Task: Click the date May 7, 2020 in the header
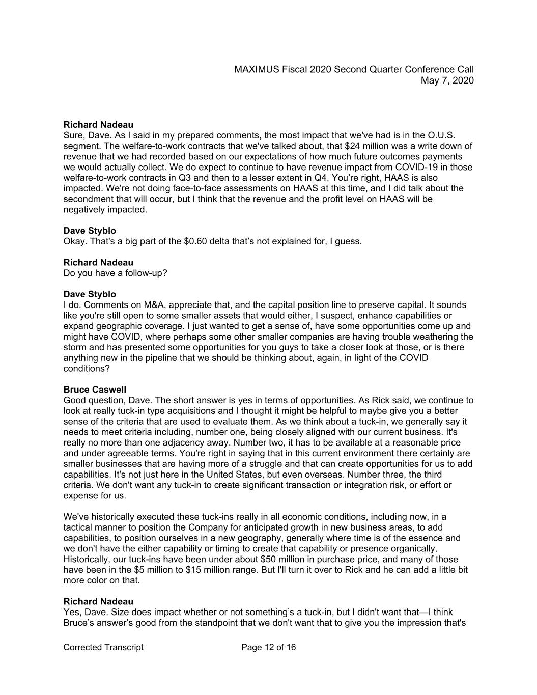447,80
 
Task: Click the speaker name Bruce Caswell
95,390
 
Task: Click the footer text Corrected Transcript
103,647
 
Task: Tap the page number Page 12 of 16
268,647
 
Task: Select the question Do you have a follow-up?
115,273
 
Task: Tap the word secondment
88,199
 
